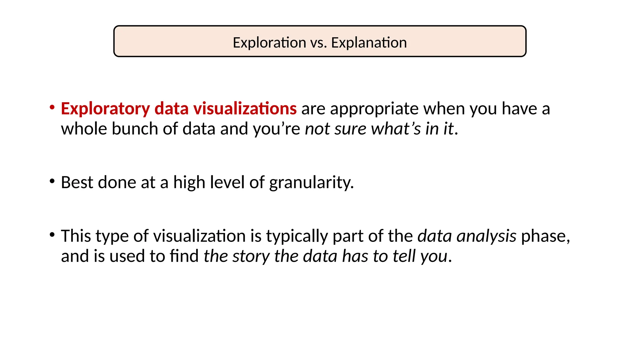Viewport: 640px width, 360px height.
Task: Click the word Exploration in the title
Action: pos(269,42)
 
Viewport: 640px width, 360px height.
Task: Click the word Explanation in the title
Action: pos(369,42)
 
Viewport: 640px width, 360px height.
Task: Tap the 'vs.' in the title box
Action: pos(319,42)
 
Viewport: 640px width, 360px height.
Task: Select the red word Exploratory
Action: pos(105,109)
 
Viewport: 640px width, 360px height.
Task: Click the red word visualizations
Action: pos(245,108)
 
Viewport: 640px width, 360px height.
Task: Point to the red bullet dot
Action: pos(52,107)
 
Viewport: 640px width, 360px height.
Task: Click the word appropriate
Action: pos(374,109)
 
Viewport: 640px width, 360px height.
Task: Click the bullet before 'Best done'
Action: pos(52,181)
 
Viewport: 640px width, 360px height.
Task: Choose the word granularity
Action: pos(311,182)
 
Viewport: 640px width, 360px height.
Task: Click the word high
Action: pos(189,182)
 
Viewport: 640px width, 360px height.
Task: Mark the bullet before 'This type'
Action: pos(52,234)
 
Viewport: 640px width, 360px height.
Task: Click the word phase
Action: pos(545,236)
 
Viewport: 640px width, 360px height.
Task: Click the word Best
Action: pos(77,182)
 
